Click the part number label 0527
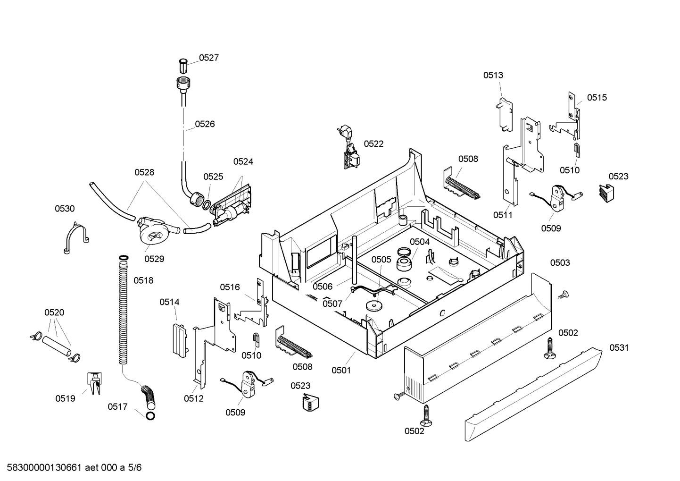pyautogui.click(x=208, y=58)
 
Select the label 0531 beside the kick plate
pyautogui.click(x=619, y=348)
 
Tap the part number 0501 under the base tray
pyautogui.click(x=341, y=370)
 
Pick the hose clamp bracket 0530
pyautogui.click(x=75, y=239)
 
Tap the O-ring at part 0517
pyautogui.click(x=150, y=416)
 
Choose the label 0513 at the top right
pyautogui.click(x=493, y=75)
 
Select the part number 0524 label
pyautogui.click(x=243, y=161)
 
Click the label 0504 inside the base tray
pyautogui.click(x=419, y=242)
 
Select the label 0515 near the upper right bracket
pyautogui.click(x=597, y=97)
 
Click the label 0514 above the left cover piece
pyautogui.click(x=169, y=302)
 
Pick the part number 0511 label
pyautogui.click(x=503, y=215)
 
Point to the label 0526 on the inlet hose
pyautogui.click(x=205, y=124)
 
